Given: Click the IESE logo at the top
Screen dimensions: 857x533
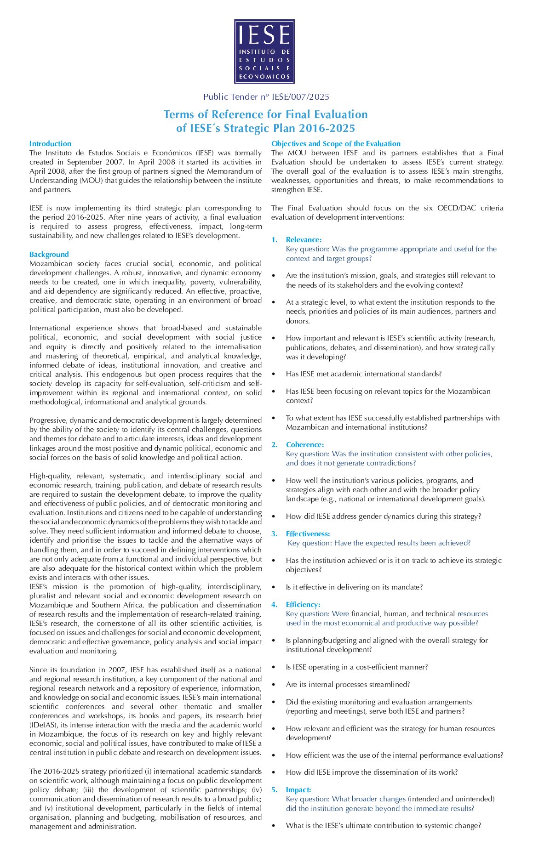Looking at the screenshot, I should (264, 51).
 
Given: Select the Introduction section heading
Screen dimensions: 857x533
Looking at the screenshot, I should (50, 143).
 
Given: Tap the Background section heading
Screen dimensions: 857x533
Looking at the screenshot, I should (49, 254).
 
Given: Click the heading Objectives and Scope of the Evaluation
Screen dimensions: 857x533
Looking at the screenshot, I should (336, 143).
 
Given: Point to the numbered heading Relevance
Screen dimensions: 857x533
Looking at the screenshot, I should (304, 239).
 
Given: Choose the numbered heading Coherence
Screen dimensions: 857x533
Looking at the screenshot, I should (305, 444).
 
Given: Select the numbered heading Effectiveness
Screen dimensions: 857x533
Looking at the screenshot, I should (308, 533).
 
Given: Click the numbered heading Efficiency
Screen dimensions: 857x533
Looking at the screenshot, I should (303, 604).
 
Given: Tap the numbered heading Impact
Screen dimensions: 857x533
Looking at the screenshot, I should (298, 789).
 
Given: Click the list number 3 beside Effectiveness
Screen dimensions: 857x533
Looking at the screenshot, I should (274, 533).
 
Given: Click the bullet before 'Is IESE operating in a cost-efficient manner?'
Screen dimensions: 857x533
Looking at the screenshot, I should (274, 667).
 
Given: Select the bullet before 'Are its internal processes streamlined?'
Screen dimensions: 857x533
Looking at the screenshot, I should (274, 684).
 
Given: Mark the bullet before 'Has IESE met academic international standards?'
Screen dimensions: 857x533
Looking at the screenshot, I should (274, 374).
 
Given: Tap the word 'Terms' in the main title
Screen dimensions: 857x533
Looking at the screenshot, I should (179, 114).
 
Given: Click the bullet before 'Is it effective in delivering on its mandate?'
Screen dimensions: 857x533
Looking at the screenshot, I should (274, 587).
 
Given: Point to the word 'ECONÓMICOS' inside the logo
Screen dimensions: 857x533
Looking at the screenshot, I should (264, 77).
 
